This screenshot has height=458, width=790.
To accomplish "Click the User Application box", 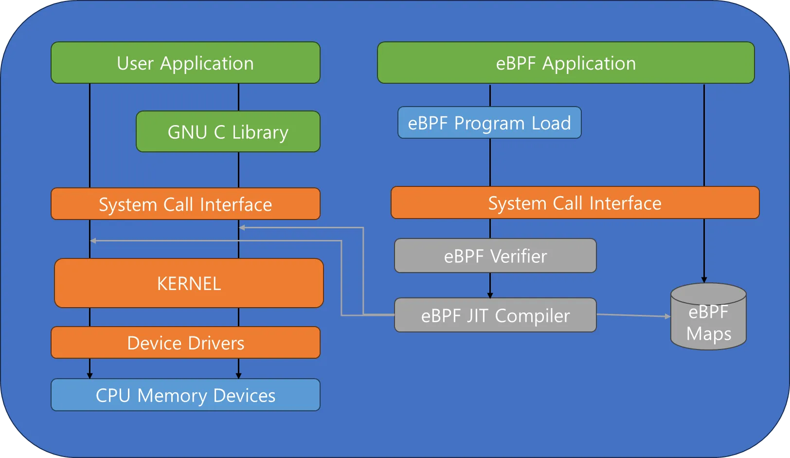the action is pos(185,63).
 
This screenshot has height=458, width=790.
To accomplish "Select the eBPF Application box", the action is pos(566,63).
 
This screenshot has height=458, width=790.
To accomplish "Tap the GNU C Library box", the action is pos(228,131).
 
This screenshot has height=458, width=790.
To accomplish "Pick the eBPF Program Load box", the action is pos(489,123).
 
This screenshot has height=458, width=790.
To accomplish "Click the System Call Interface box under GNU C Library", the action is pos(185,203).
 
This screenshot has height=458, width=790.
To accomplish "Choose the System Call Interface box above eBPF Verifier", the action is pos(575,202).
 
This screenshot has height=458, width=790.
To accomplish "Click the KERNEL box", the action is pos(189,283).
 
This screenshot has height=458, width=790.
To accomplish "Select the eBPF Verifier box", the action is pos(496,256).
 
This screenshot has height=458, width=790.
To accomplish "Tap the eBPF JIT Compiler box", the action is pos(496,315).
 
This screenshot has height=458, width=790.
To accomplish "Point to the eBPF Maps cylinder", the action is pos(709,316).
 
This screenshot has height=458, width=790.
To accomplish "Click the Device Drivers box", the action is pos(185,343).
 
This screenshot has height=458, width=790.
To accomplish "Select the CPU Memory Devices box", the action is pos(185,395).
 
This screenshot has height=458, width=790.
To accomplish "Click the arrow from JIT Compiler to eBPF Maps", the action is pos(633,315).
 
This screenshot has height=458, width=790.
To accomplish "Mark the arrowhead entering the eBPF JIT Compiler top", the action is pos(490,295).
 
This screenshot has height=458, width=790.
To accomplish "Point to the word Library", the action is pos(260,133).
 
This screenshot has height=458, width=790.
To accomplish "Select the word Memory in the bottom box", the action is pos(172,396).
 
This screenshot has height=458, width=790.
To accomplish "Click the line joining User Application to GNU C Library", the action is pos(239,97).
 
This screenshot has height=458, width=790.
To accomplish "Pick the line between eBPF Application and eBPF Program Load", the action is pos(490,95).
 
